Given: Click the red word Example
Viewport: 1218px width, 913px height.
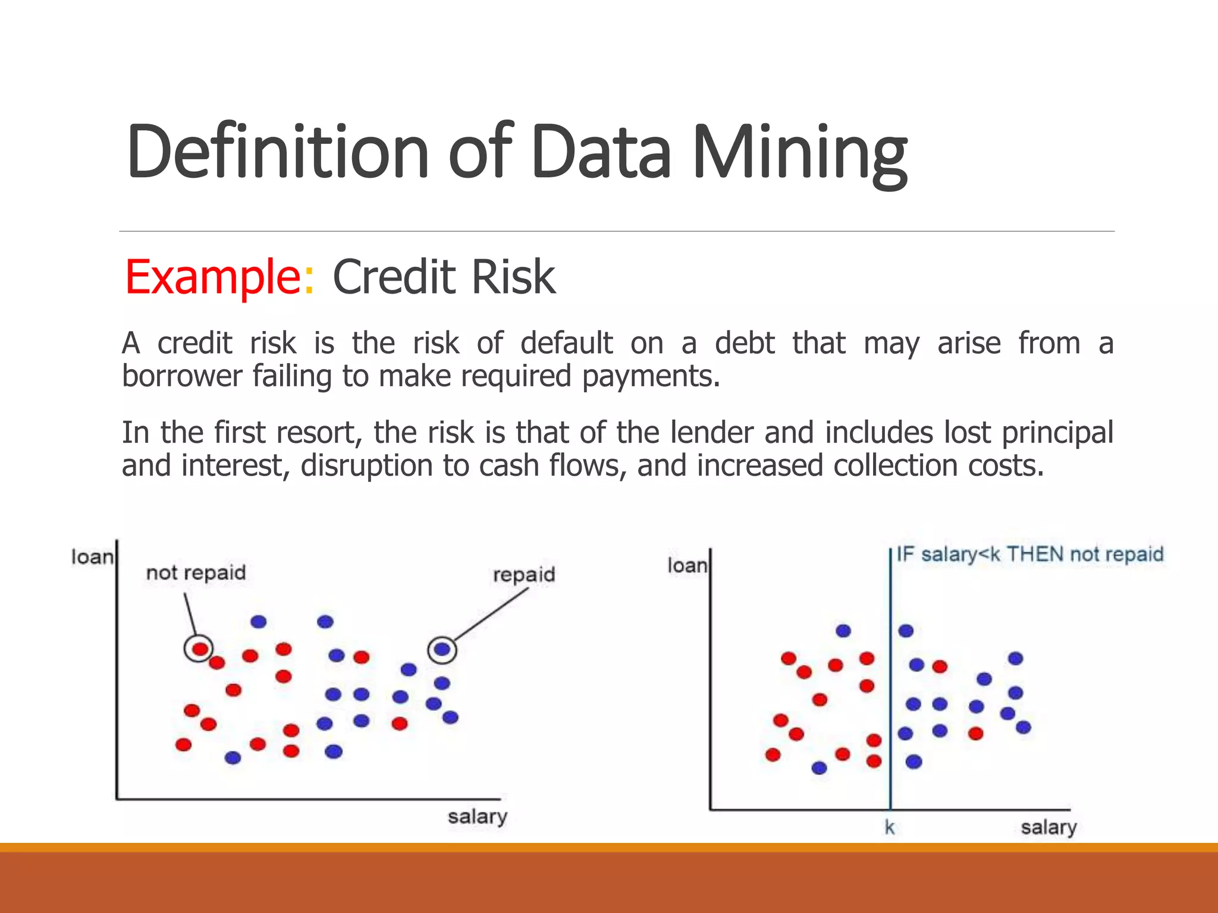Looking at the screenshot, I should (213, 277).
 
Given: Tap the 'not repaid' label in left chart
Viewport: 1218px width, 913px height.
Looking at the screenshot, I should (196, 572).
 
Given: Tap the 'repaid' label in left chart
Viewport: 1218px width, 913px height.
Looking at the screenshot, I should (524, 574).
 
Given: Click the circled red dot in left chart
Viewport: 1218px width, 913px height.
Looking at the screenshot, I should (199, 648).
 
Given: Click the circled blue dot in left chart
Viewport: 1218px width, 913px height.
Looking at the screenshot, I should (442, 650).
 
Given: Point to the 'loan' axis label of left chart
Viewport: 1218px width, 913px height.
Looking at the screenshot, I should (92, 557).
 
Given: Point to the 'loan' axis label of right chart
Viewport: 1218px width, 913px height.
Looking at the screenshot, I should (687, 565).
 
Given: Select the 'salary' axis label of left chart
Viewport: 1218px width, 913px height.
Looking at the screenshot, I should (478, 817).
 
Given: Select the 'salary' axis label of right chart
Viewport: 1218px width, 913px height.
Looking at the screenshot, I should (1049, 827).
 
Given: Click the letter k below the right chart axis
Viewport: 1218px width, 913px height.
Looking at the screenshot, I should (889, 827).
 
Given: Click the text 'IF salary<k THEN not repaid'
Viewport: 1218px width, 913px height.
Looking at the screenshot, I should (1029, 555).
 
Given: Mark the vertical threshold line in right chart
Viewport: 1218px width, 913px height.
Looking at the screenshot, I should (890, 713).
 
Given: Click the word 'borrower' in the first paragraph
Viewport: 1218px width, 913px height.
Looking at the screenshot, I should (182, 376).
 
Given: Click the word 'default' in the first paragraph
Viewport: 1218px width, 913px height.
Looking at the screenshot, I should (566, 343).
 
